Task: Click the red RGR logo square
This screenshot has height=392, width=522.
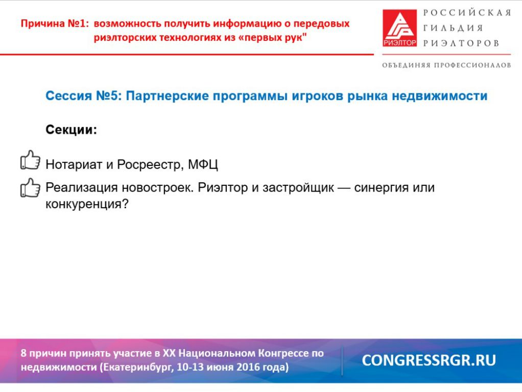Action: tap(399, 28)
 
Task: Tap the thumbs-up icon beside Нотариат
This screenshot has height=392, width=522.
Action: tap(30, 160)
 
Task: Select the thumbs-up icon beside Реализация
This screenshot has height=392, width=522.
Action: tap(30, 187)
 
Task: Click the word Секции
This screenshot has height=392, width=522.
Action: tap(71, 130)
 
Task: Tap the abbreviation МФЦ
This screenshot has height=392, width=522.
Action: tap(203, 165)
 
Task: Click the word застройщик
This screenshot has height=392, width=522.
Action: tap(298, 188)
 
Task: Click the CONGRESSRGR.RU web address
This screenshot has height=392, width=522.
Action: tap(429, 360)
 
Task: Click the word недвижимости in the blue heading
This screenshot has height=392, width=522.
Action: tap(439, 96)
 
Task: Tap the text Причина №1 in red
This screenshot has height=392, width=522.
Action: tap(55, 23)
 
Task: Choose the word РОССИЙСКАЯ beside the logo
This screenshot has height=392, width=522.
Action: tap(467, 13)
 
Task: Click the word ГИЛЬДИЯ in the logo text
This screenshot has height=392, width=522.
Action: tap(453, 28)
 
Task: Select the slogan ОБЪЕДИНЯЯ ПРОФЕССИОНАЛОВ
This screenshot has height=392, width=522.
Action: tap(446, 65)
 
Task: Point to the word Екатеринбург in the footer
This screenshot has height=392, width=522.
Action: tap(137, 367)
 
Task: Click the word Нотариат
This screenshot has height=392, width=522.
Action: tap(74, 165)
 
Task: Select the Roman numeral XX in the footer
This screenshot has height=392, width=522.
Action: tap(169, 353)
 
